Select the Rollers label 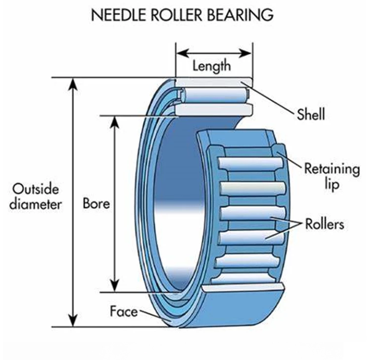pos(324,225)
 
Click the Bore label pos(96,203)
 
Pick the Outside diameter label pos(37,196)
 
